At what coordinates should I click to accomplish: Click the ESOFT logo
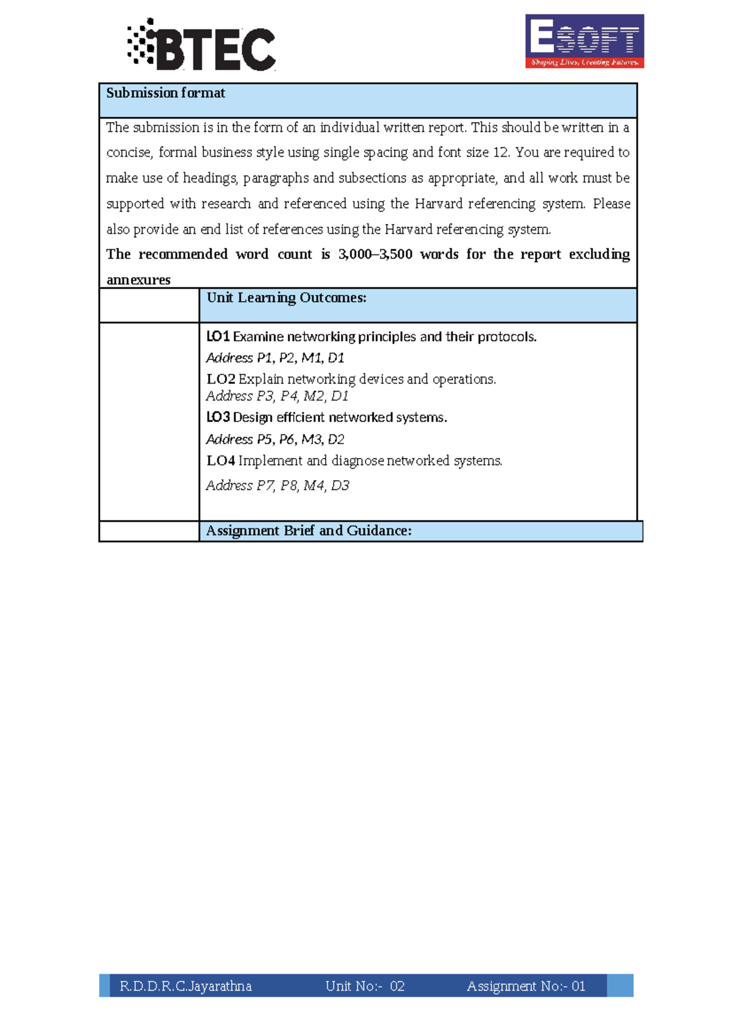tap(584, 41)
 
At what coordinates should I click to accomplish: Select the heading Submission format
tap(165, 93)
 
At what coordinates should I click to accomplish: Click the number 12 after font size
tap(500, 153)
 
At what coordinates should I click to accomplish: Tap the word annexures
tap(138, 280)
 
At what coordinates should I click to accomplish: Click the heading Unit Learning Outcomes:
tap(286, 298)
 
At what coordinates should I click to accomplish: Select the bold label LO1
tap(218, 337)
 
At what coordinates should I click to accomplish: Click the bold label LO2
tap(220, 380)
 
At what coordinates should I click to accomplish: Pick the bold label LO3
tap(218, 417)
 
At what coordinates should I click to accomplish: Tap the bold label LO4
tap(220, 461)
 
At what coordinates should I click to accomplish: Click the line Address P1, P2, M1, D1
tap(275, 358)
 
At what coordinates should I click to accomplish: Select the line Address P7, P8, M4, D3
tap(278, 486)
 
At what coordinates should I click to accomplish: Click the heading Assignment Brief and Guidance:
tap(309, 531)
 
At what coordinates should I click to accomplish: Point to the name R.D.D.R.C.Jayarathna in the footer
tap(185, 987)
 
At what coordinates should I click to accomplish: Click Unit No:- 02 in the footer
tap(365, 987)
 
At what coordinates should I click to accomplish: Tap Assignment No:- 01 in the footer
tap(526, 987)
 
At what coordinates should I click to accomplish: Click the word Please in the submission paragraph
tap(611, 204)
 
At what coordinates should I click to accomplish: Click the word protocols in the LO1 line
tap(506, 337)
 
